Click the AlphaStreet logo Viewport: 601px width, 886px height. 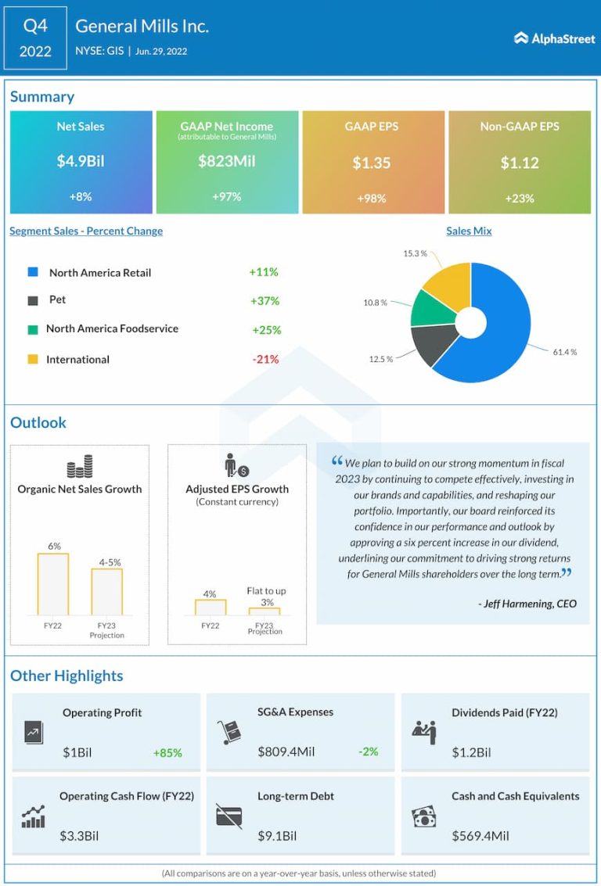tap(554, 38)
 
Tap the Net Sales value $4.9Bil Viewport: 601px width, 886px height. tap(81, 162)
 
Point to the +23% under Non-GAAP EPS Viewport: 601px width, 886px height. tap(519, 198)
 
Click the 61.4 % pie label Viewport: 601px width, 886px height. tap(564, 352)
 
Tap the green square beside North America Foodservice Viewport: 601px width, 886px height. tap(32, 329)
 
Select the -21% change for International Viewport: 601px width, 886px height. tap(265, 359)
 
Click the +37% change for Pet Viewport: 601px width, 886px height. tap(265, 300)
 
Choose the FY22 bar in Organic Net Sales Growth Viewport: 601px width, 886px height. tap(53, 584)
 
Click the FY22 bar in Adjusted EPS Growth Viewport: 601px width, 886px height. tap(210, 607)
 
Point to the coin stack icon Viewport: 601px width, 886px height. tap(80, 467)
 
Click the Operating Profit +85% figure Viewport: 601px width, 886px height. tap(167, 752)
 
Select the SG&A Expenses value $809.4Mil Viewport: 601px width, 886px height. tap(286, 751)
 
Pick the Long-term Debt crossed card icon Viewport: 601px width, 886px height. tap(229, 816)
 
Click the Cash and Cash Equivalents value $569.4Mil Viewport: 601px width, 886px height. tap(480, 835)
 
